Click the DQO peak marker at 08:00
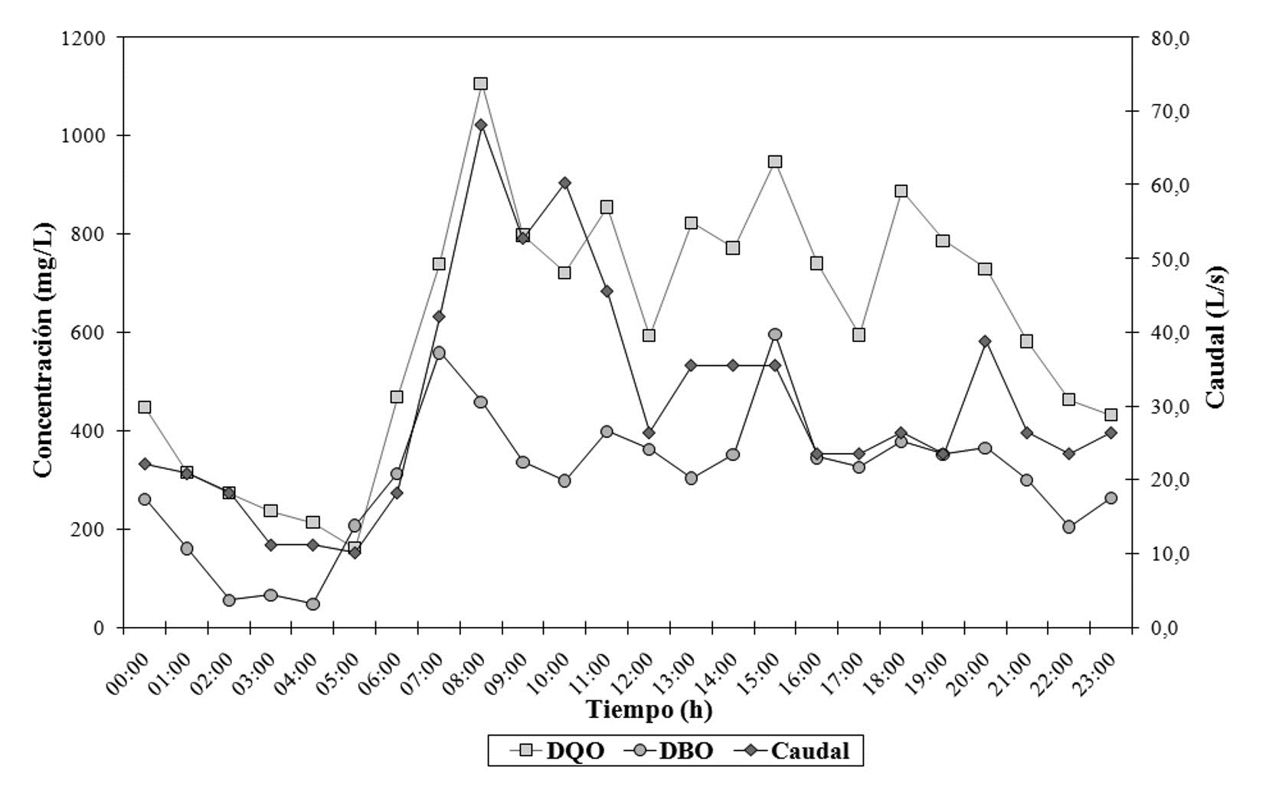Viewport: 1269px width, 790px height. tap(481, 83)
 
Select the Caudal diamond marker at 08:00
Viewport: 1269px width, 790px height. tap(481, 125)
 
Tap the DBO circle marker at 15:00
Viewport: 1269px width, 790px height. tap(774, 335)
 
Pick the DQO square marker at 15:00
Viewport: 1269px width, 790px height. tap(774, 162)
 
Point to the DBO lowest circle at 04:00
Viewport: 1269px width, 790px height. tap(312, 604)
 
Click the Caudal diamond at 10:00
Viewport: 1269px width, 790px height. tap(564, 183)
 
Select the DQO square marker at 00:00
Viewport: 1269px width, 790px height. tap(145, 407)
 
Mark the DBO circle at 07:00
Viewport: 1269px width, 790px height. tap(439, 353)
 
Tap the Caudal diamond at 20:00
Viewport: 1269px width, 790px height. tap(985, 341)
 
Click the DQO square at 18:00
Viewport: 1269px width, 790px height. tap(901, 191)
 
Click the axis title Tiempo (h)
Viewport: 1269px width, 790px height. tap(649, 710)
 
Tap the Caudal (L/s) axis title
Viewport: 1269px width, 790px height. tap(1215, 337)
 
